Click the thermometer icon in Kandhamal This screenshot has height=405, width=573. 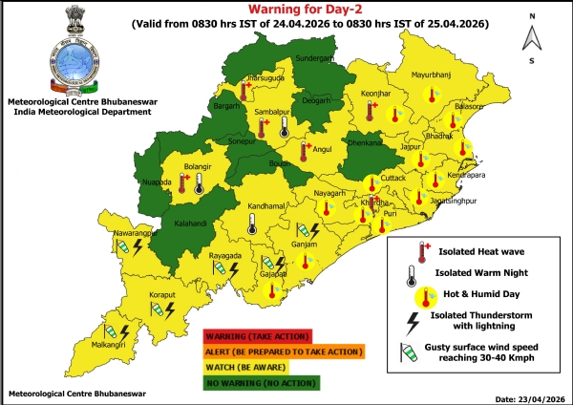point(250,224)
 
